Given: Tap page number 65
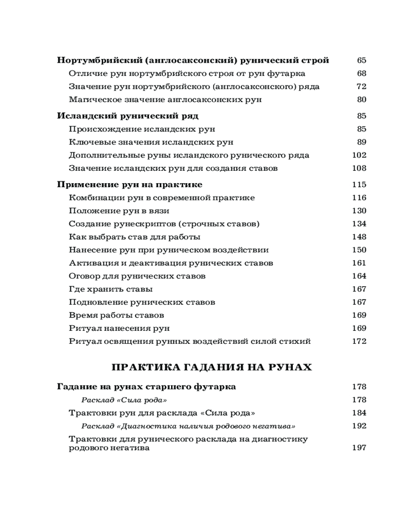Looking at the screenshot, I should pyautogui.click(x=361, y=61).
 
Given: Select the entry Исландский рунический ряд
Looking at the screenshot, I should pyautogui.click(x=127, y=116).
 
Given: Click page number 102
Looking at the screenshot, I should pyautogui.click(x=359, y=155).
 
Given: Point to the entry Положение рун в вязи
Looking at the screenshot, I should pyautogui.click(x=119, y=211).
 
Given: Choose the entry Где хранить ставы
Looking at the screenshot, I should pyautogui.click(x=110, y=289).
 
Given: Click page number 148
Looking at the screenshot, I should pyautogui.click(x=359, y=237).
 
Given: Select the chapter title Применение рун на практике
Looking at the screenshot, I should pyautogui.click(x=129, y=185).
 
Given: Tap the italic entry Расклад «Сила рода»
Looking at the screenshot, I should pyautogui.click(x=125, y=400).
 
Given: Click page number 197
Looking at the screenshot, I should pyautogui.click(x=359, y=448).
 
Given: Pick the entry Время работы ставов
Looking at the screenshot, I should pyautogui.click(x=116, y=315).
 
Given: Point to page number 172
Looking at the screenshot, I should pyautogui.click(x=359, y=341).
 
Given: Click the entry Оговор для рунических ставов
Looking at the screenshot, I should pyautogui.click(x=137, y=276).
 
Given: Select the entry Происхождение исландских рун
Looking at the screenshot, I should pyautogui.click(x=142, y=129).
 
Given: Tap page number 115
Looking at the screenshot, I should pyautogui.click(x=359, y=185).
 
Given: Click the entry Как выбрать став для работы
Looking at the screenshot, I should pyautogui.click(x=135, y=237).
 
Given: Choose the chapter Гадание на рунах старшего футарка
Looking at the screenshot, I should pyautogui.click(x=146, y=386).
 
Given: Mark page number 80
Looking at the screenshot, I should pyautogui.click(x=361, y=100).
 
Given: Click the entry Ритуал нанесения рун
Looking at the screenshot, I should pyautogui.click(x=119, y=328).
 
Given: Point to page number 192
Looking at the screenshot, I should pyautogui.click(x=359, y=426).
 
